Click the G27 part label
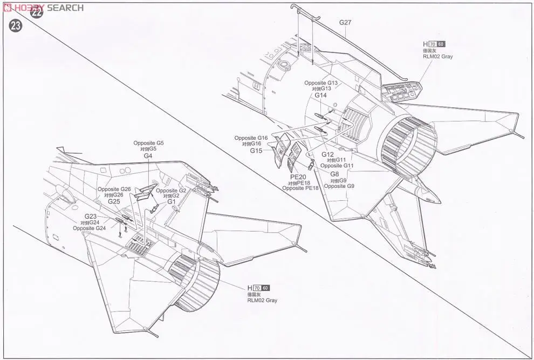point(345,23)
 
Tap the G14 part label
point(321,96)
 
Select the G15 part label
point(256,151)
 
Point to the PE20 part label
point(298,177)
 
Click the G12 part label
point(328,154)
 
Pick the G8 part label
point(334,174)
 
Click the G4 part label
point(148,155)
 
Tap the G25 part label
point(114,201)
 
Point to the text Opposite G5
point(148,143)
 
